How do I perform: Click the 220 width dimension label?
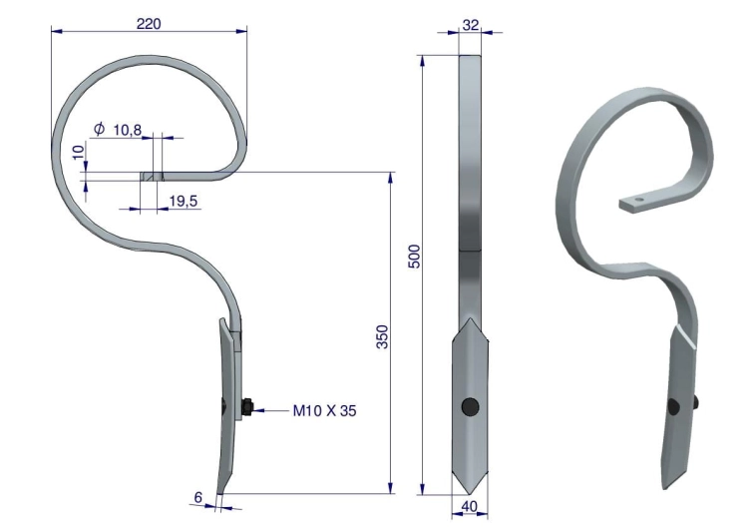point(149,23)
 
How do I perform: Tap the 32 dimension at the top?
point(470,25)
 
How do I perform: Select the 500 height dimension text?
point(415,257)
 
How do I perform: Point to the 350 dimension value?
point(383,336)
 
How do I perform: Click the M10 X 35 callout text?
point(324,410)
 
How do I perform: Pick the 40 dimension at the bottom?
point(470,506)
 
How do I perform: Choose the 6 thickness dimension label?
point(198,497)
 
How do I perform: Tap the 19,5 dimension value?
point(184,201)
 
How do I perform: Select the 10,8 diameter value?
point(128,130)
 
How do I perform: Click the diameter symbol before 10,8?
point(99,129)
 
